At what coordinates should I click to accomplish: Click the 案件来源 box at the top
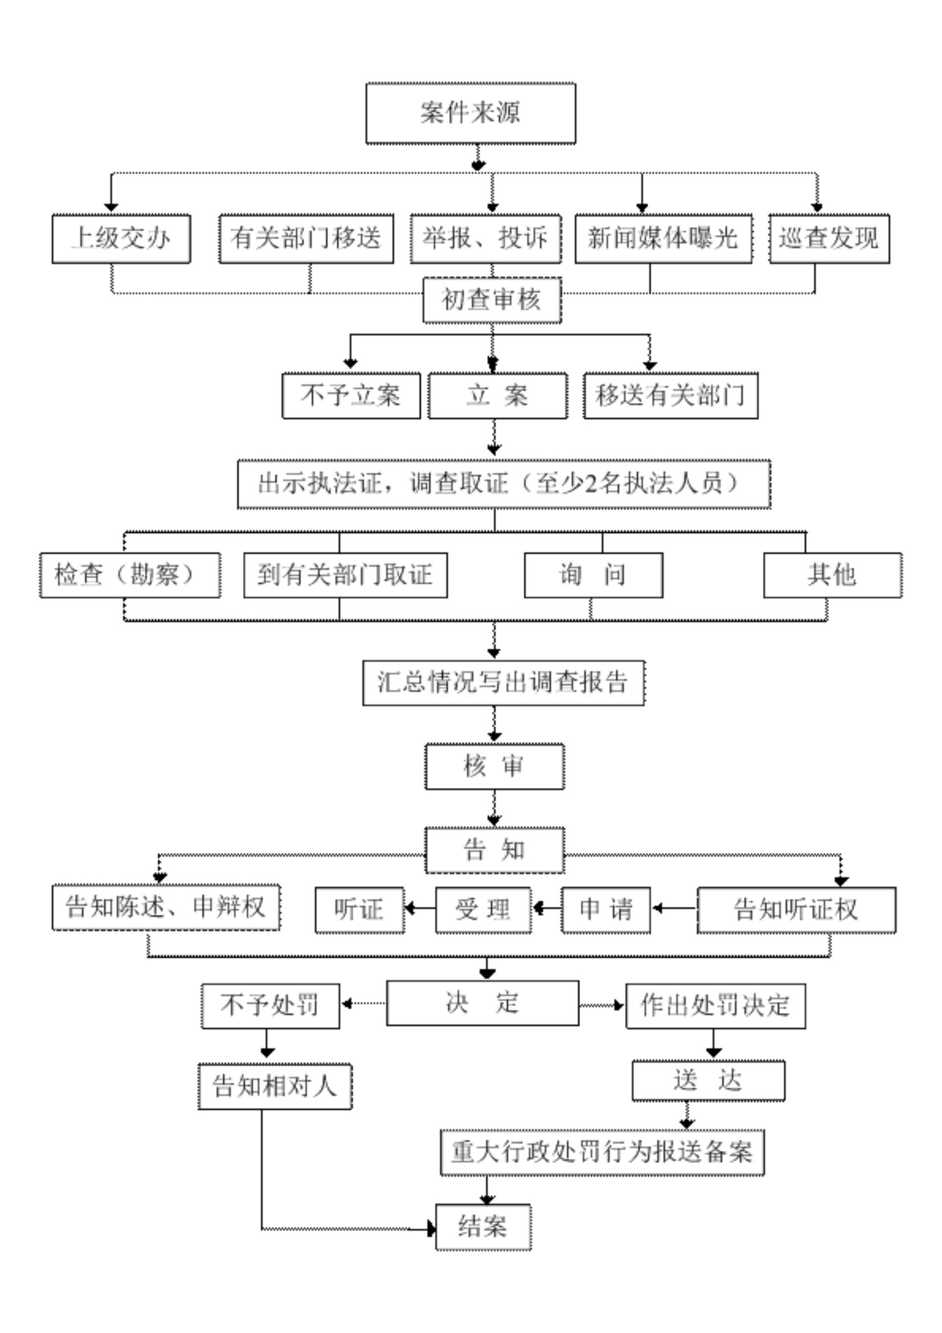(x=470, y=113)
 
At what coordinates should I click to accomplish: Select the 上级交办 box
(x=121, y=239)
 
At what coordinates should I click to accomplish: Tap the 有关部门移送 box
(x=306, y=239)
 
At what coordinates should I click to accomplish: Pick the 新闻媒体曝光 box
(x=663, y=239)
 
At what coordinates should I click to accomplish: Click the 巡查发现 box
(x=829, y=239)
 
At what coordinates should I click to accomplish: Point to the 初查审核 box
(x=492, y=300)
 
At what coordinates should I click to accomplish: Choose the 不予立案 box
(x=350, y=396)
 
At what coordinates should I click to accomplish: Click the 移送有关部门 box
(x=670, y=396)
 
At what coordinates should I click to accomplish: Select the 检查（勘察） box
(x=129, y=575)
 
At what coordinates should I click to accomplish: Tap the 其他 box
(x=831, y=575)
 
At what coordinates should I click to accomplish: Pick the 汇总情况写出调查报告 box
(x=503, y=682)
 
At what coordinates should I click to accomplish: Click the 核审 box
(x=494, y=767)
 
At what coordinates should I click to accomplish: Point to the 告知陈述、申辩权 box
(x=166, y=907)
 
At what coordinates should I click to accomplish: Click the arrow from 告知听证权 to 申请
(x=673, y=908)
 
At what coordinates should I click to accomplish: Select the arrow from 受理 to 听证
(x=419, y=908)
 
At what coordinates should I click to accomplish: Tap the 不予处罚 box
(x=270, y=1005)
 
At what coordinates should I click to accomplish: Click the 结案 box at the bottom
(x=483, y=1227)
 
